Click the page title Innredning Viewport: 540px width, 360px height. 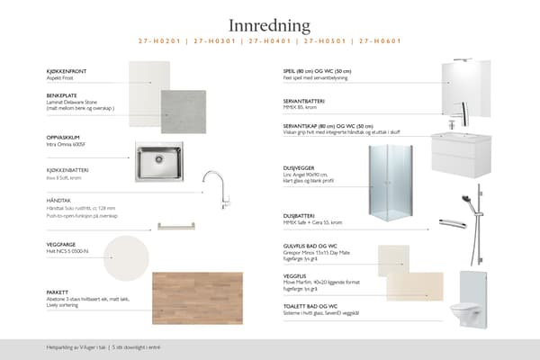point(269,25)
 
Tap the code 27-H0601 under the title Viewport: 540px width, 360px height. point(380,41)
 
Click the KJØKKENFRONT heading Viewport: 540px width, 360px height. point(67,69)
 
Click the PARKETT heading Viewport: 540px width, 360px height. point(58,292)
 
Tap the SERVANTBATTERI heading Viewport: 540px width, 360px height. point(304,100)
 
